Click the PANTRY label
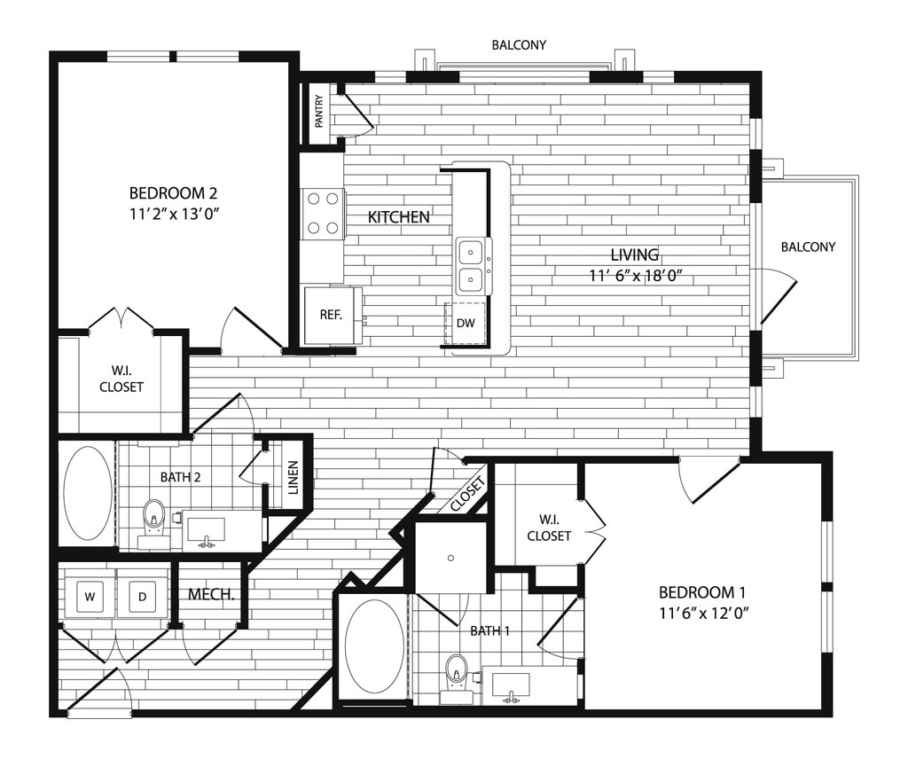[x=319, y=112]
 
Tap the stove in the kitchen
[x=323, y=214]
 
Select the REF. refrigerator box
[x=332, y=315]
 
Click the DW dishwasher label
[x=466, y=324]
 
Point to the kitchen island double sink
[x=470, y=266]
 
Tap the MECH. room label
[x=211, y=594]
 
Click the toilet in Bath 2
[x=154, y=515]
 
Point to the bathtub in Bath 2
[x=88, y=492]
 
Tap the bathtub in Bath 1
[x=373, y=645]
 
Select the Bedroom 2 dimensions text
[x=174, y=213]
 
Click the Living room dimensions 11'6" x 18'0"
[x=635, y=276]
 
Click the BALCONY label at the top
[x=519, y=44]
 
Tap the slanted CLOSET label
[x=467, y=494]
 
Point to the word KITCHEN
[x=399, y=216]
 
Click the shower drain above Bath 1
[x=451, y=558]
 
